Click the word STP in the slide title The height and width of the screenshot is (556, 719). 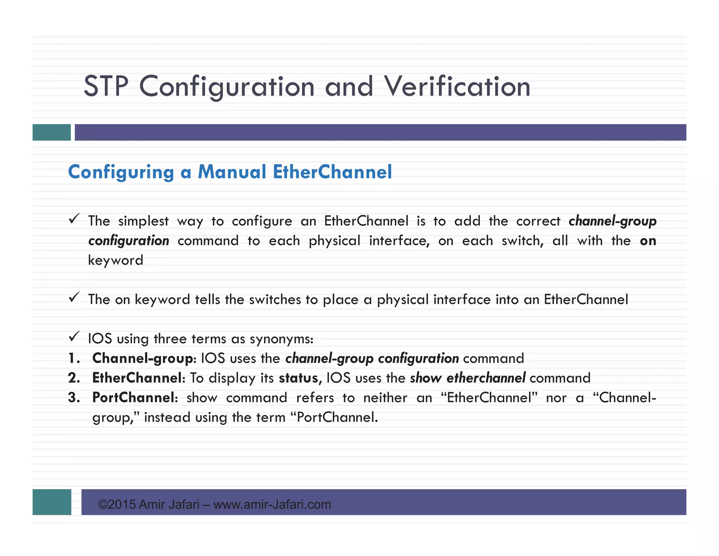click(106, 86)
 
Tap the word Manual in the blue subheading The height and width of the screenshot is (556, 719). click(232, 172)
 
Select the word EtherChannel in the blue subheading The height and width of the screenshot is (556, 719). click(332, 172)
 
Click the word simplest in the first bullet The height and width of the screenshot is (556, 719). click(143, 221)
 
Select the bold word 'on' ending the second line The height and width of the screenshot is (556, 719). click(648, 241)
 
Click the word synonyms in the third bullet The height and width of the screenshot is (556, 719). click(281, 339)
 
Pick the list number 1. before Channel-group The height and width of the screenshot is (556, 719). click(74, 358)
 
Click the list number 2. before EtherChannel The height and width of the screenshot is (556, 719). click(74, 378)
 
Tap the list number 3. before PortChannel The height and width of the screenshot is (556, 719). click(74, 398)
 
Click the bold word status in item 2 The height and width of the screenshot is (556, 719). click(298, 378)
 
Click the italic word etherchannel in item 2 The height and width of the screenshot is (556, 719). click(486, 378)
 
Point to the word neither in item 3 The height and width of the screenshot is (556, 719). click(385, 398)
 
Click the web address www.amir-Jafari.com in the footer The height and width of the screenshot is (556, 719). click(272, 505)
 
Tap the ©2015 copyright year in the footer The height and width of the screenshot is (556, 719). click(117, 505)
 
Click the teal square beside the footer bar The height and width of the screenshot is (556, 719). click(52, 502)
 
